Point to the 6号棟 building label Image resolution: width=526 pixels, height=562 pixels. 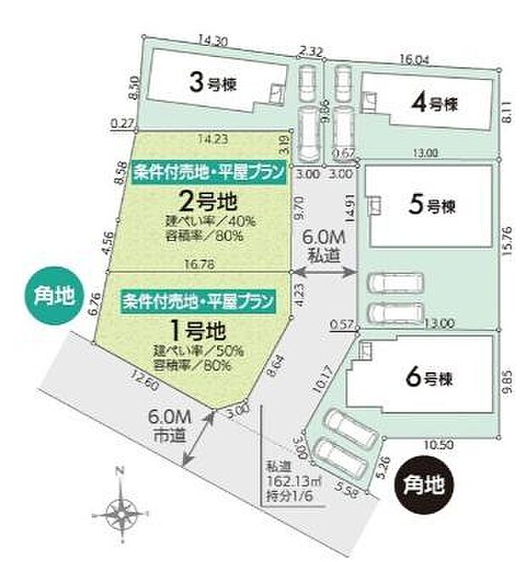430,379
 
